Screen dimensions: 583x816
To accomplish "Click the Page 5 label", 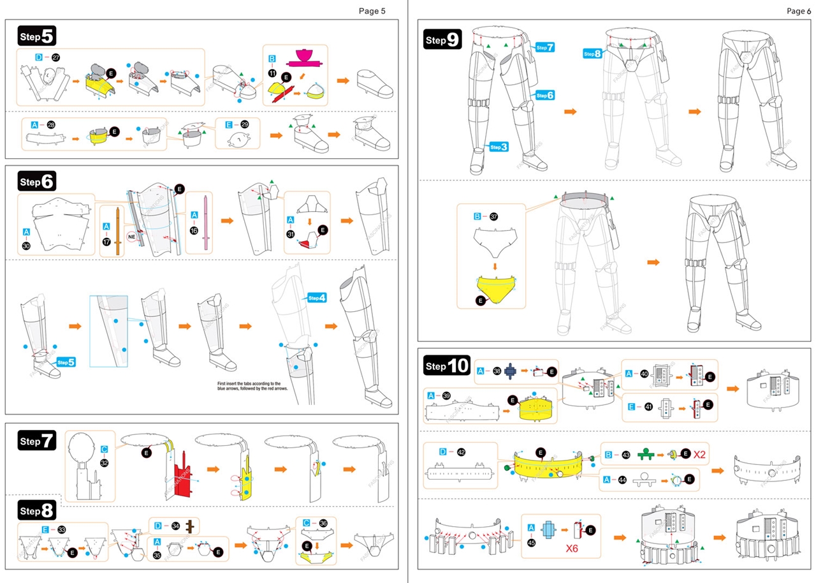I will point(372,10).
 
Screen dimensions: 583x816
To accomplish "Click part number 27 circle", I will point(55,57).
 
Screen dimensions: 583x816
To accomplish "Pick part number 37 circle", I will point(493,217).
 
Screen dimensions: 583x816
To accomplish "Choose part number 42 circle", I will point(462,452).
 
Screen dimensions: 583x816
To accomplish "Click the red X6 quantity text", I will point(577,547).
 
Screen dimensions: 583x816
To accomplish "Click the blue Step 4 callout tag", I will point(317,298).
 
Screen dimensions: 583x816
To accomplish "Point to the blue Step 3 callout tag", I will point(499,147).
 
